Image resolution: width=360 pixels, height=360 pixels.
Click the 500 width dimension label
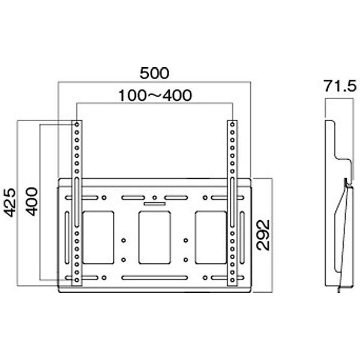click(154, 73)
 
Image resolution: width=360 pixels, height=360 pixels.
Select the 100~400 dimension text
click(154, 95)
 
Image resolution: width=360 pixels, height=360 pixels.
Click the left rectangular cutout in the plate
click(97, 237)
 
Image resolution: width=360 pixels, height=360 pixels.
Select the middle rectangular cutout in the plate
click(154, 237)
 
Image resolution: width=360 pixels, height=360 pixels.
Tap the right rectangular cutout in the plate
click(211, 237)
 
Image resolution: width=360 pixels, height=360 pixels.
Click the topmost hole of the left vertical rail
click(77, 124)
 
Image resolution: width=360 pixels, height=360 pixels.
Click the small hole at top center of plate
click(154, 197)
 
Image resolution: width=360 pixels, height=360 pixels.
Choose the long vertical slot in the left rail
click(77, 192)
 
